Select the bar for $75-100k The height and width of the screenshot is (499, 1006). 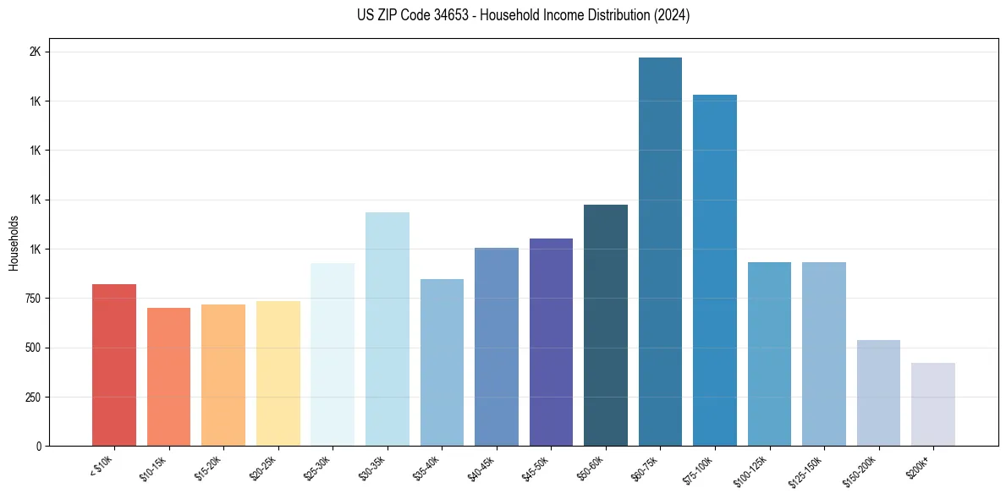(714, 270)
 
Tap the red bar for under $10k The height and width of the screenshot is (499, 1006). (114, 365)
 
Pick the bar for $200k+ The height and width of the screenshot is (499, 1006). (932, 404)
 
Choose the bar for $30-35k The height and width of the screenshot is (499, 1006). (387, 329)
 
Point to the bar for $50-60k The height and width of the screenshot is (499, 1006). (605, 325)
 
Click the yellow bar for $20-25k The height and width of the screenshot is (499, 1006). (278, 373)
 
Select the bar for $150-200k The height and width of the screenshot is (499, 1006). (878, 392)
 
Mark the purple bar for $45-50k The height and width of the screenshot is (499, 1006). (551, 342)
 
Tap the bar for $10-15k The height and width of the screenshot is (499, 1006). (168, 376)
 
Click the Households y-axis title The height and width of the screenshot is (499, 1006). (14, 243)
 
